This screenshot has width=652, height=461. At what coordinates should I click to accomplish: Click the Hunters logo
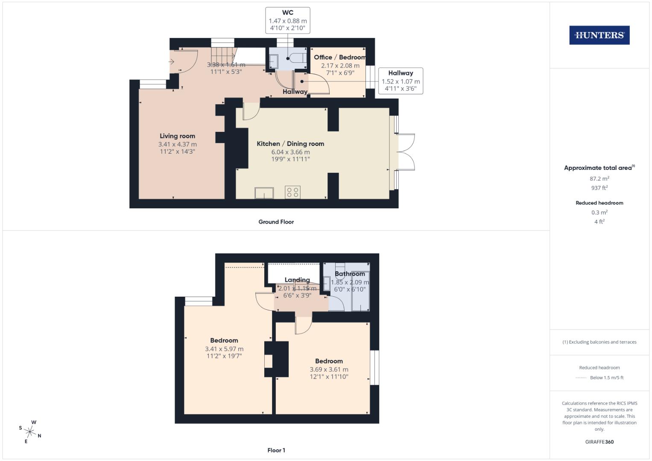point(599,35)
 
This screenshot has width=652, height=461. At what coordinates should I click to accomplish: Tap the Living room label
point(177,136)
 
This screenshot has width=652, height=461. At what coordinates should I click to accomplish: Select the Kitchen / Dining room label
point(290,144)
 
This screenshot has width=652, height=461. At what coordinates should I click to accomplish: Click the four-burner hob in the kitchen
point(293,193)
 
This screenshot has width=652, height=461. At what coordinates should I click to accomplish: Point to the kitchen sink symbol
point(264,193)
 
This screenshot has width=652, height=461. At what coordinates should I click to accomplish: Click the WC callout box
point(288,20)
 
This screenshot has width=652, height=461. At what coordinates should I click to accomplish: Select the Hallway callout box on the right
point(401,81)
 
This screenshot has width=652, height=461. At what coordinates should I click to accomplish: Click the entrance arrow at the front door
point(172,62)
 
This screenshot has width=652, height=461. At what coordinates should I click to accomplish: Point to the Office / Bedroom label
point(340,57)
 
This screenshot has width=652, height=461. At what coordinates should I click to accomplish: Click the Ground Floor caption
point(276,222)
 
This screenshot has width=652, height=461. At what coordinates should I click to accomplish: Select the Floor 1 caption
point(276,450)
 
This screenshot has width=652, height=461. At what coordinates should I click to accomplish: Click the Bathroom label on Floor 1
point(350,274)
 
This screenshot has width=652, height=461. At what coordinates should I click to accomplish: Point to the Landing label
point(297,280)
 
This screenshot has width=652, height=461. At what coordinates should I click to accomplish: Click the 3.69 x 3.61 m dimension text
point(329,370)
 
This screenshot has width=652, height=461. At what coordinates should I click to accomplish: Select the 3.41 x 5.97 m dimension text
point(224,349)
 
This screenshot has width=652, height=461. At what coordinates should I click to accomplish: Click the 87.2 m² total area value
point(599,179)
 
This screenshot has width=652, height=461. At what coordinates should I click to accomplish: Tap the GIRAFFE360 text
point(599,442)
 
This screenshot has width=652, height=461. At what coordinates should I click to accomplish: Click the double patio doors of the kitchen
point(406,152)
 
